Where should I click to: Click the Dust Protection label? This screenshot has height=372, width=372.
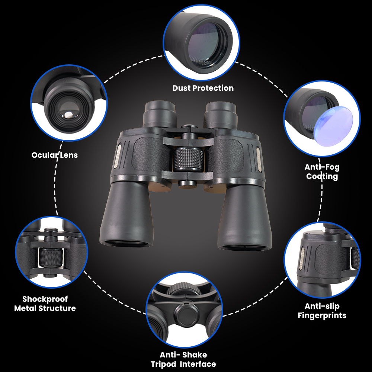pyautogui.click(x=203, y=88)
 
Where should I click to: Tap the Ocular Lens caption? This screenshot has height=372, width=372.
pyautogui.click(x=55, y=155)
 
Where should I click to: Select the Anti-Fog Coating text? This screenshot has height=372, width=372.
pyautogui.click(x=322, y=171)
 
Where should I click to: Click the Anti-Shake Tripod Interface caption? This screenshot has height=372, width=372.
pyautogui.click(x=183, y=359)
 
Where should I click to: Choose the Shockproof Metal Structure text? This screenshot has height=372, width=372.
pyautogui.click(x=45, y=304)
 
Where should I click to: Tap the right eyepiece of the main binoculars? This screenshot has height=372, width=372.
pyautogui.click(x=221, y=113)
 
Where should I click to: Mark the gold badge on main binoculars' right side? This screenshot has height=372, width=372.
pyautogui.click(x=259, y=158)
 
